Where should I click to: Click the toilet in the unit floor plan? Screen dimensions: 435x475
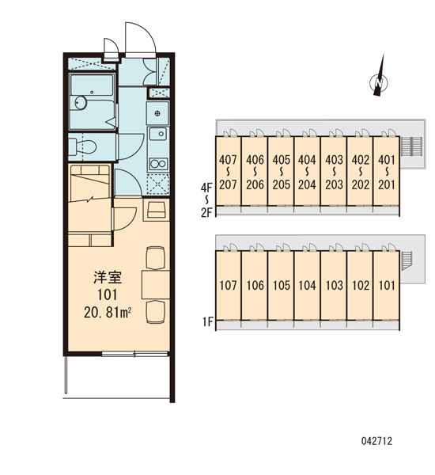(82, 146)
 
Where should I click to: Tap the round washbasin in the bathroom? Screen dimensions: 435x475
(81, 103)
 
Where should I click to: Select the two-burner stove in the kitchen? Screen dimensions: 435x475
(158, 164)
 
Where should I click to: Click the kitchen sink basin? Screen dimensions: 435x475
(157, 134)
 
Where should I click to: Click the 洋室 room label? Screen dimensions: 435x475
(108, 278)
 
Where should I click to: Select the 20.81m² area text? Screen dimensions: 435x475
(108, 313)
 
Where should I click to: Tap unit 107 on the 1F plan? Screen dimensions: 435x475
(229, 285)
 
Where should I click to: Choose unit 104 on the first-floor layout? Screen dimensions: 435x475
(307, 285)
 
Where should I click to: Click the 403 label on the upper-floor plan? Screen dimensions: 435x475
(334, 160)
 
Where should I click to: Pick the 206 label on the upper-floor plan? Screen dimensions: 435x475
(255, 184)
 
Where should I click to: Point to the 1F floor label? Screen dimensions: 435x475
(208, 321)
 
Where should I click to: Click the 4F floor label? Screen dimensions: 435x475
(206, 188)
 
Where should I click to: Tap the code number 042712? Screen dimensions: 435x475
(376, 441)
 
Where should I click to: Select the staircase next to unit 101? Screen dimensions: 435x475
(406, 260)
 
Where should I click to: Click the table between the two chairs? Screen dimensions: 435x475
(156, 285)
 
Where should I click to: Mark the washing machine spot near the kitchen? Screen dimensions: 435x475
(157, 184)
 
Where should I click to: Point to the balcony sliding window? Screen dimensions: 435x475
(134, 354)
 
